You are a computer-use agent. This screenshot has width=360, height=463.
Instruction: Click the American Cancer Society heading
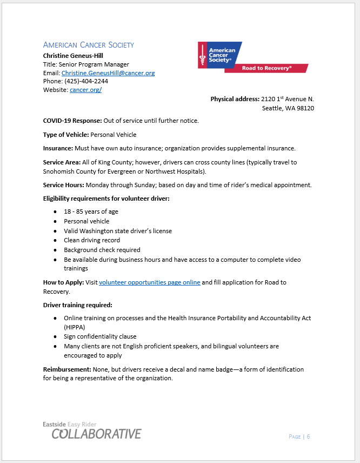click(x=88, y=45)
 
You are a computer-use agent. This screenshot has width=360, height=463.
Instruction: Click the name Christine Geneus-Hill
click(x=73, y=55)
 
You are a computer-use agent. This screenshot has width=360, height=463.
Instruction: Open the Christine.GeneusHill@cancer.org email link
click(x=108, y=72)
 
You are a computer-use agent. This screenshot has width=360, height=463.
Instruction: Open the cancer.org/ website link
click(x=85, y=90)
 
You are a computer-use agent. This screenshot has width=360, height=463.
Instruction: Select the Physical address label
click(x=235, y=99)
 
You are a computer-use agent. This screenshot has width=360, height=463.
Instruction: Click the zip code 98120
click(x=305, y=108)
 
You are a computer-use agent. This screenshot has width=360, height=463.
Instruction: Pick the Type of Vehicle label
click(x=66, y=134)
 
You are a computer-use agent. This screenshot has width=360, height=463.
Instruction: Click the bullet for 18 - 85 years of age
click(x=56, y=212)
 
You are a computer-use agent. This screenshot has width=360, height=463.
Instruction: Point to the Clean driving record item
click(x=91, y=240)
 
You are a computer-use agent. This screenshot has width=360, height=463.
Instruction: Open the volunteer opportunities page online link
click(x=149, y=282)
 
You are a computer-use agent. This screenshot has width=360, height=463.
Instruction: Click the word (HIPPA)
click(x=74, y=327)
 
